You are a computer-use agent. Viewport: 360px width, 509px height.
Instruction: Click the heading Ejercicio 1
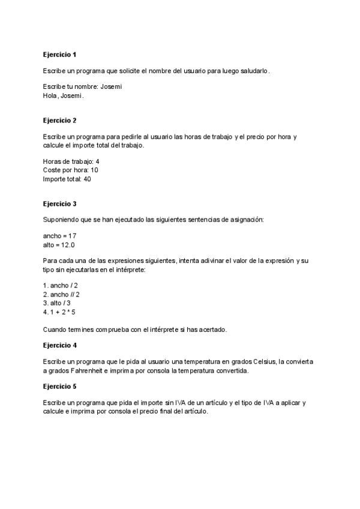(59, 54)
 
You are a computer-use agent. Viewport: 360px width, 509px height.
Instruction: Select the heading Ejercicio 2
(59, 120)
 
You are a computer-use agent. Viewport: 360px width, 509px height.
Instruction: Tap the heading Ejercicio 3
(59, 203)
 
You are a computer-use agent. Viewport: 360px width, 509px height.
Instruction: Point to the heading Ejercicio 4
(59, 346)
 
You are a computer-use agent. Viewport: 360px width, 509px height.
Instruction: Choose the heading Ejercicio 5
(59, 387)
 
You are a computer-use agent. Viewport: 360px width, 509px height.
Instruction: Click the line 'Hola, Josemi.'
(64, 95)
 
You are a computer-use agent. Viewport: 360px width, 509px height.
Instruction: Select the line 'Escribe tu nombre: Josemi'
(82, 87)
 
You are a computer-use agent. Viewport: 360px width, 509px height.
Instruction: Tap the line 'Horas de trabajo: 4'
(71, 161)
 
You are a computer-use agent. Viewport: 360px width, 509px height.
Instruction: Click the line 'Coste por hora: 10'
(70, 170)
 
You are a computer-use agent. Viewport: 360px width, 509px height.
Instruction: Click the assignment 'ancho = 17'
(59, 236)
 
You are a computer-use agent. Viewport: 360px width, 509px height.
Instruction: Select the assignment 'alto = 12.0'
(59, 245)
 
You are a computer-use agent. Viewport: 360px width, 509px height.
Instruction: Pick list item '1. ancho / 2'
(61, 286)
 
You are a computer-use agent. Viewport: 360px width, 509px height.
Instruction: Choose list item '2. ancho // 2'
(61, 294)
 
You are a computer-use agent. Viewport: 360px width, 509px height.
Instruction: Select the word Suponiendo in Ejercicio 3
(61, 220)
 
